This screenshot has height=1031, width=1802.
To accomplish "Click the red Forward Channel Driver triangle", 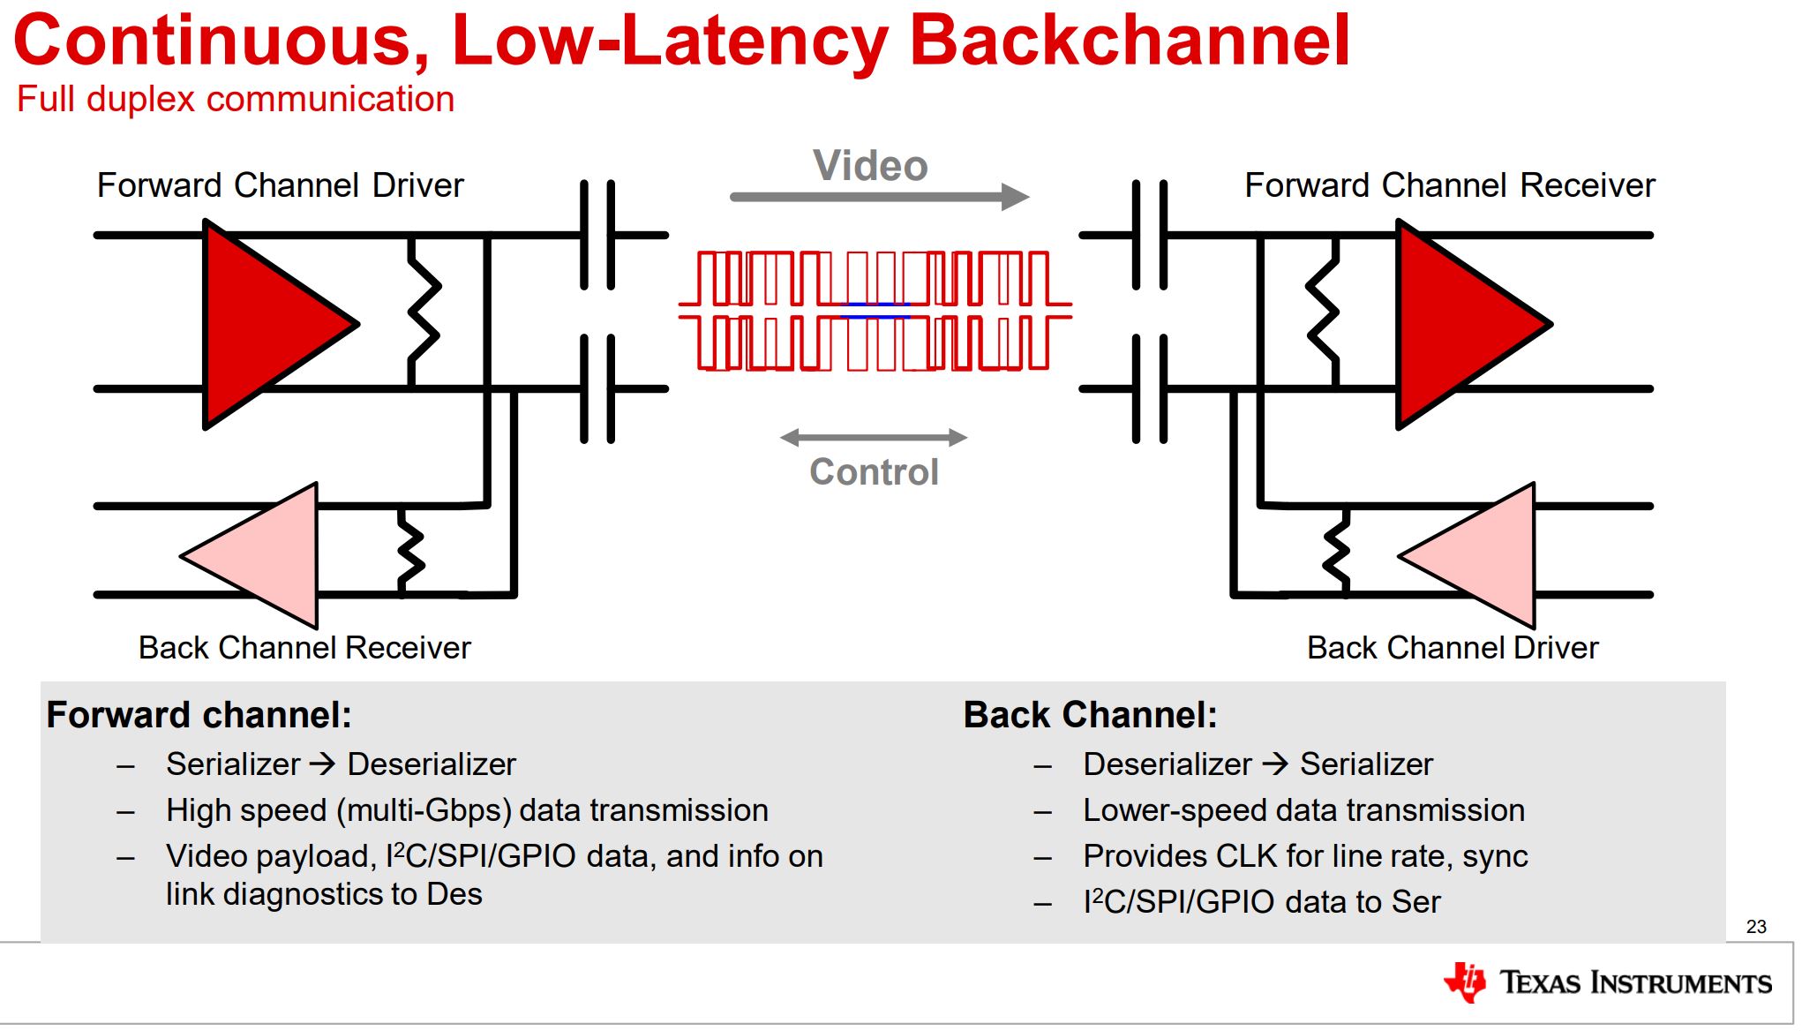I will point(265,324).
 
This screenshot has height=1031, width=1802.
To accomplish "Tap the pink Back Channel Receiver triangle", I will point(265,555).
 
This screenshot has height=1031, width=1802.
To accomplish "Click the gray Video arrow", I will point(878,197).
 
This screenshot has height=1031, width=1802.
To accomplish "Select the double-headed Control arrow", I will point(874,437).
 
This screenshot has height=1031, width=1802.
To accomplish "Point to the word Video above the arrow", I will point(870,166).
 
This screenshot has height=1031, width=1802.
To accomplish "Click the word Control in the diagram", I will point(874,472).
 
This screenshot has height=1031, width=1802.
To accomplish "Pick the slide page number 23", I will point(1756,927).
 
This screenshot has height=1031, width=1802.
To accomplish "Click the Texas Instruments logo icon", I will point(1465,982).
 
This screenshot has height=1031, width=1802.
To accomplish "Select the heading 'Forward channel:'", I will point(199,715).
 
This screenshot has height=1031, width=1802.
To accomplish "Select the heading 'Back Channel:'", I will point(1090,715).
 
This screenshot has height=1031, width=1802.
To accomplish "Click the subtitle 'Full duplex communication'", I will point(236,99).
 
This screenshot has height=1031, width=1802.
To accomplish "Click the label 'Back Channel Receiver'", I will point(304,648).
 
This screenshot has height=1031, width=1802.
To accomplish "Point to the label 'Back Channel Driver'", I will point(1453,648).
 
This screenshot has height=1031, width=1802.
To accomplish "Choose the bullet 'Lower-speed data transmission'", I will point(1303,810).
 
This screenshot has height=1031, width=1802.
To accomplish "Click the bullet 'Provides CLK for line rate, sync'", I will point(1305,856).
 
